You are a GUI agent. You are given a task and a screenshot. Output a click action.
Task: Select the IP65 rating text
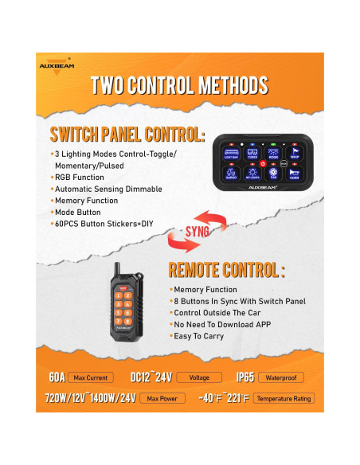(x=245, y=376)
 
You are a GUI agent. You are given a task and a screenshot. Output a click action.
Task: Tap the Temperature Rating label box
(x=283, y=398)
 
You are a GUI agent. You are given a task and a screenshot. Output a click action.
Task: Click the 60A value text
(x=57, y=376)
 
